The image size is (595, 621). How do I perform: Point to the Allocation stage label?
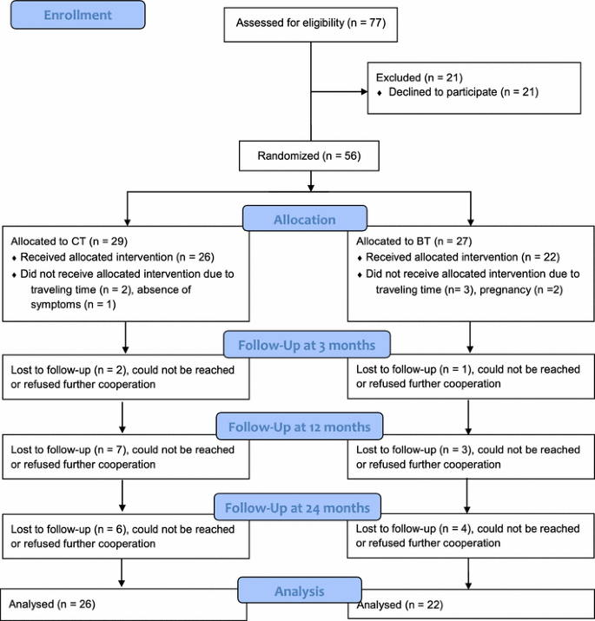305,220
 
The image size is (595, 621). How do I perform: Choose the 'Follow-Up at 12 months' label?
298,426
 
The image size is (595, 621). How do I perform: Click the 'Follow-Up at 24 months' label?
297,507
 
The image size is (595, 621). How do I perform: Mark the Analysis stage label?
300,591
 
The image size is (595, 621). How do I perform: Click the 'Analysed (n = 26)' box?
122,604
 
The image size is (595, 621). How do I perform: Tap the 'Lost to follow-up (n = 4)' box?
471,535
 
